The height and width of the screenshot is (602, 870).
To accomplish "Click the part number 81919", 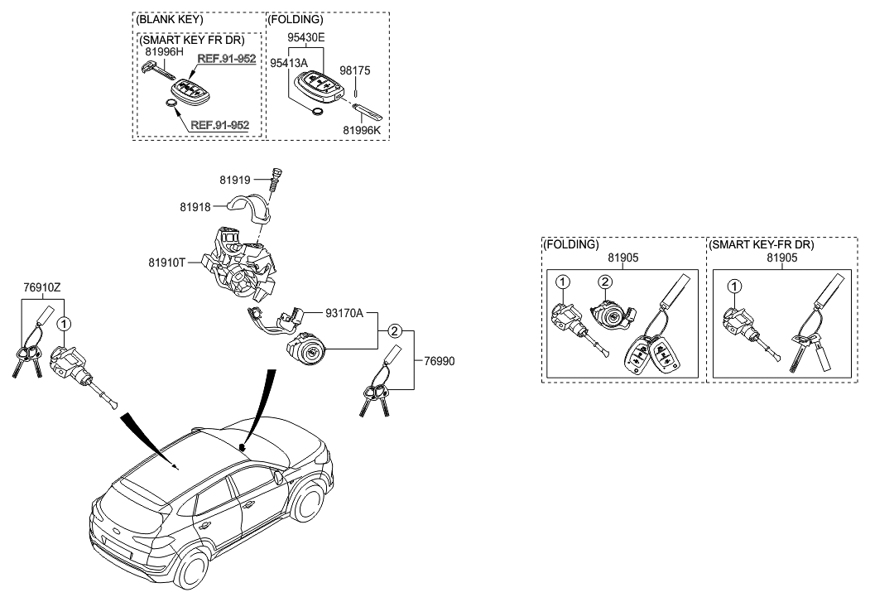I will [234, 179].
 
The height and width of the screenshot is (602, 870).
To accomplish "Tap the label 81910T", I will [169, 263].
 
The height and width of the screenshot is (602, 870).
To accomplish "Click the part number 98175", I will [357, 71].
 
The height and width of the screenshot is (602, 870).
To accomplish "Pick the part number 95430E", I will [306, 38].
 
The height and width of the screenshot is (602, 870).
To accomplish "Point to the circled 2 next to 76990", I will [395, 331].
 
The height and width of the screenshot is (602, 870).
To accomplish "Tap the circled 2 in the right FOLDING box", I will [605, 282].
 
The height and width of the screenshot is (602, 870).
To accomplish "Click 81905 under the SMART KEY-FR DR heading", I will [781, 258].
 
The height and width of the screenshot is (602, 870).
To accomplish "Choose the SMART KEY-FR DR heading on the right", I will [762, 245].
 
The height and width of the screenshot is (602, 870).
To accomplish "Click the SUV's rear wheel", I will [192, 571].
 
